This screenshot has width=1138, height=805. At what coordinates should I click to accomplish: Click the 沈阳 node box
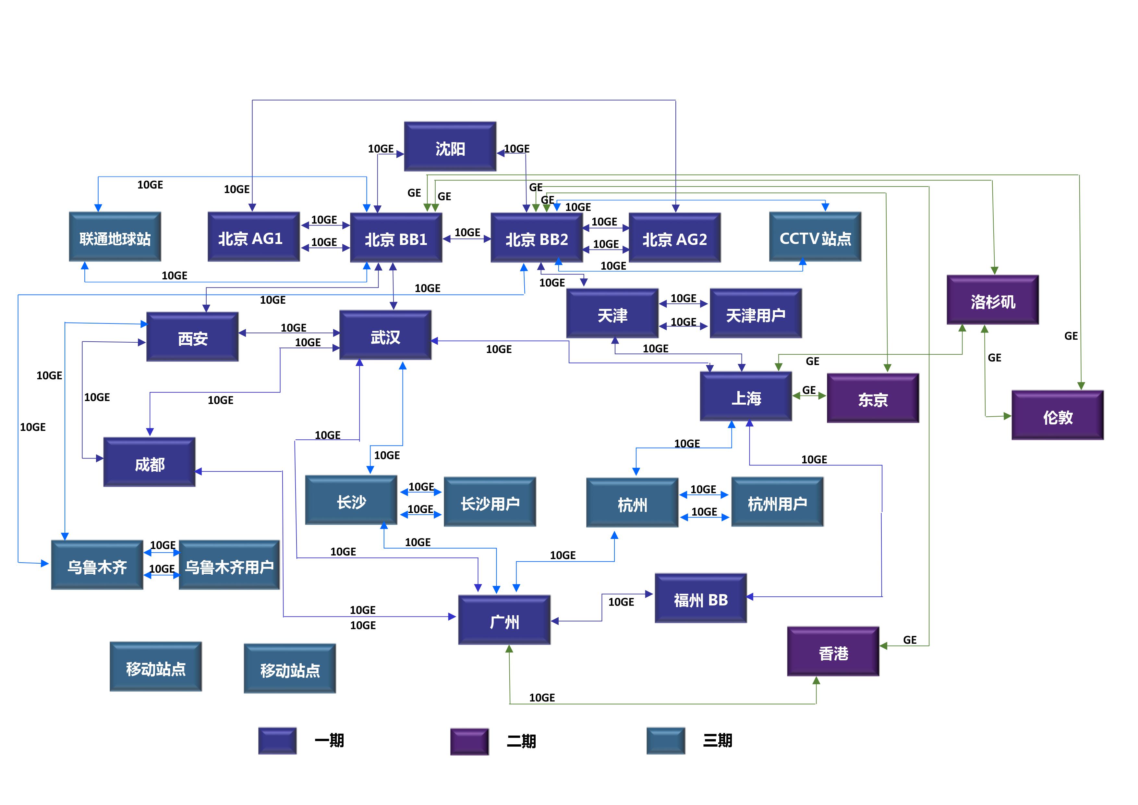[450, 147]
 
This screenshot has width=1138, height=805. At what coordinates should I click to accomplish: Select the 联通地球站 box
[115, 237]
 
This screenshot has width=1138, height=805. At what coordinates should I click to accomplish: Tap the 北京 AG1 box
[253, 237]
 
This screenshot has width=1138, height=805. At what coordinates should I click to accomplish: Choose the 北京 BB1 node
[396, 238]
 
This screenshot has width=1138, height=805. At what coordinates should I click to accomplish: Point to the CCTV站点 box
[815, 237]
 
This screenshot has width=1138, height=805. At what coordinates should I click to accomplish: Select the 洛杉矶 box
[992, 300]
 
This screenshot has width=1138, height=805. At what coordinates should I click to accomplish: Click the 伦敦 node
[1057, 415]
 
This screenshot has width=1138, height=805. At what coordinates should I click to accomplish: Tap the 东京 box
[873, 398]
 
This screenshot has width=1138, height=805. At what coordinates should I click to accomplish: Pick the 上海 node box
[745, 396]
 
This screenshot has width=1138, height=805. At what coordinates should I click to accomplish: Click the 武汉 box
[385, 335]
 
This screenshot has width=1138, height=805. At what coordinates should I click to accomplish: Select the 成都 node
[149, 462]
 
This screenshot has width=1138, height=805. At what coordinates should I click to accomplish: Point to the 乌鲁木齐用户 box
[229, 565]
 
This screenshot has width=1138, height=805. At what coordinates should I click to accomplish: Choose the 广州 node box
[504, 620]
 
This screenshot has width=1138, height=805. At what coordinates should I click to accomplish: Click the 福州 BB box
[700, 598]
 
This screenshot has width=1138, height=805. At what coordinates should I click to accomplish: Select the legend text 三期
[717, 740]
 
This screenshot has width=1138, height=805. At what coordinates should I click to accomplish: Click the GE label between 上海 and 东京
[809, 390]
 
